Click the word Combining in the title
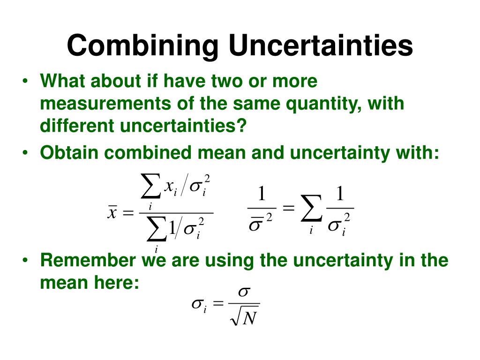143,46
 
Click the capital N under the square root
250,319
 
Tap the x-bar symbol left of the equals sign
112,213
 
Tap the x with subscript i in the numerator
170,187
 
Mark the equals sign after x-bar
127,213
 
